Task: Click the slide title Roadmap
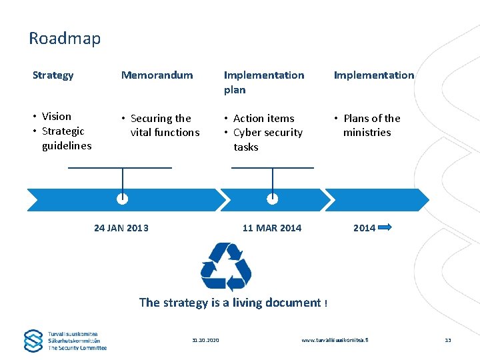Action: tap(65, 39)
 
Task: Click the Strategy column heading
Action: tap(53, 75)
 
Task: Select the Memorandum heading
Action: tap(157, 75)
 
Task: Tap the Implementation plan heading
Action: tap(263, 82)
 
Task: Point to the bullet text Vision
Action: tap(56, 117)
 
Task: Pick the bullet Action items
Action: tap(263, 119)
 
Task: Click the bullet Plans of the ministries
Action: tap(371, 125)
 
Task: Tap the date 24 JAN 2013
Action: tap(121, 228)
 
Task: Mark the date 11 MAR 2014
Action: tap(272, 228)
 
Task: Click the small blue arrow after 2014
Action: tap(385, 227)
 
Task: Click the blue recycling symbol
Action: tap(226, 267)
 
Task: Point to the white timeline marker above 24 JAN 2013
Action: tap(122, 198)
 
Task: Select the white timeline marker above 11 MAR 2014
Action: tap(272, 198)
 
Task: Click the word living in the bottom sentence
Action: tap(248, 303)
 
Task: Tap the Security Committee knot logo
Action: tap(33, 340)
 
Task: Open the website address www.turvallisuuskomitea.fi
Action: tap(335, 341)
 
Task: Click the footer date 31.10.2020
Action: tap(205, 341)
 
